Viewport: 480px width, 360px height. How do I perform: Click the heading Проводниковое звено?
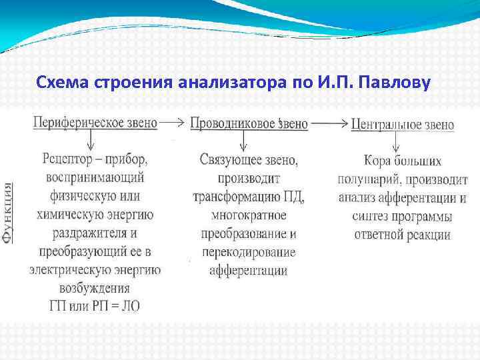point(249,123)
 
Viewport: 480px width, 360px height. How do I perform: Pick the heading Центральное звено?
point(411,124)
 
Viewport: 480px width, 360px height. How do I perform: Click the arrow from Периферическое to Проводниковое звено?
point(173,123)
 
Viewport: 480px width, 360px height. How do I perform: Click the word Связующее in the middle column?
point(228,160)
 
